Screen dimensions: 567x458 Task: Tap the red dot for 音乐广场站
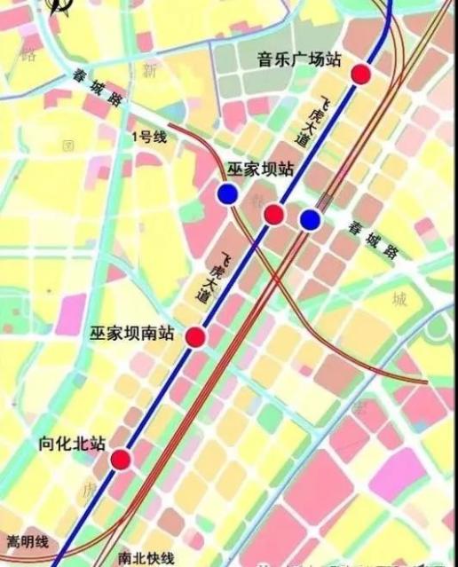360,74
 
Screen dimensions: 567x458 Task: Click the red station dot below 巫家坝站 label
274,214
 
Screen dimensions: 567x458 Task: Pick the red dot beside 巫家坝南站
195,336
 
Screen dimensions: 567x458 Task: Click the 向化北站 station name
73,443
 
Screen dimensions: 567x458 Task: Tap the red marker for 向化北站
120,459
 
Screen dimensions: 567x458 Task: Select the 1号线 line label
148,137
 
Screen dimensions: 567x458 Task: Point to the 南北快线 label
146,558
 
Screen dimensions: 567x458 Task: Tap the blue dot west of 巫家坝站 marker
228,194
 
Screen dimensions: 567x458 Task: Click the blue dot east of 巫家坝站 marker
310,219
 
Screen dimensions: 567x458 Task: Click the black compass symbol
60,8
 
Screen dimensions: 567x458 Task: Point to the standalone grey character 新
149,69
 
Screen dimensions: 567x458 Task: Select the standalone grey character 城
399,299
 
